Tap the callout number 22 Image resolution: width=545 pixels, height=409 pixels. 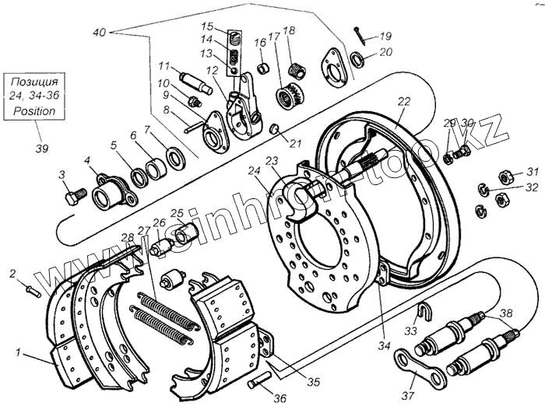pyautogui.click(x=403, y=102)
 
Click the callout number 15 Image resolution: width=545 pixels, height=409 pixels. pyautogui.click(x=229, y=26)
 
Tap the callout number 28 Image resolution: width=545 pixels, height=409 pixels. pyautogui.click(x=126, y=237)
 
